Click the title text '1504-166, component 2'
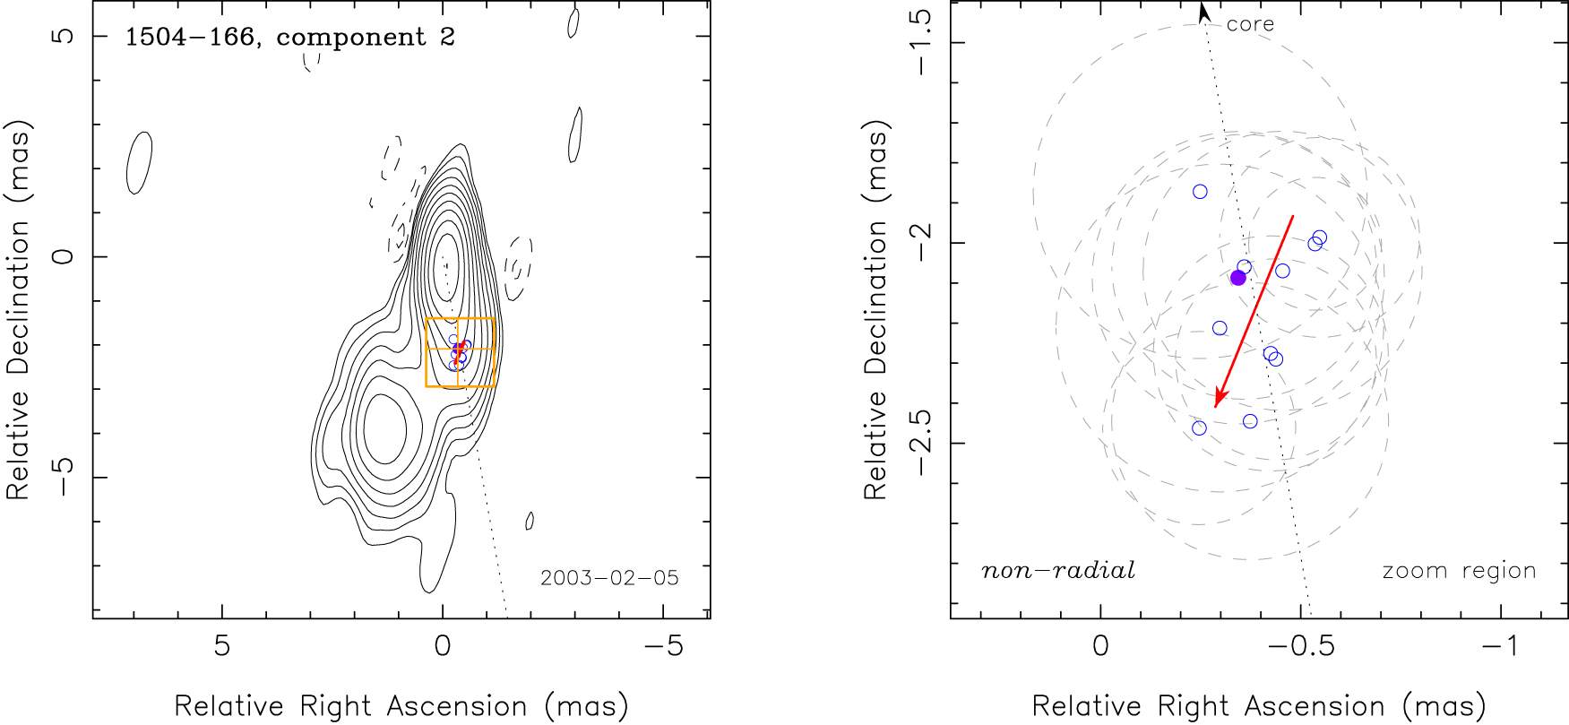point(289,38)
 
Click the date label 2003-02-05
point(609,578)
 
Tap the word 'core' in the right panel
point(1250,24)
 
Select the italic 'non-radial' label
point(1058,571)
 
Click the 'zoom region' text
point(1459,571)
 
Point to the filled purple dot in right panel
point(1238,278)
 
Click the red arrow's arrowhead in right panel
point(1218,400)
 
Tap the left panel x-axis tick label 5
point(221,646)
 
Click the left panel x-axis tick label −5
point(663,646)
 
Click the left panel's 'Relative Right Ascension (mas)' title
point(401,706)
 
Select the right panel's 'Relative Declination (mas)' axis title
point(875,309)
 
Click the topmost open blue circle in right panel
point(1200,192)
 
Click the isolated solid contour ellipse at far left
point(139,162)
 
